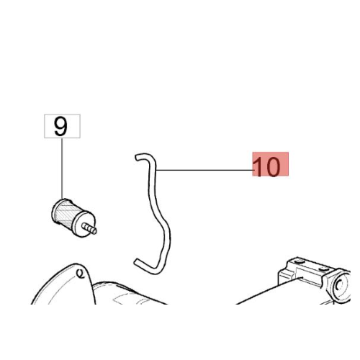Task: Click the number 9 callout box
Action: point(62,126)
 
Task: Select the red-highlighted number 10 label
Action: point(270,164)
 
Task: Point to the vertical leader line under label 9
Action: point(62,168)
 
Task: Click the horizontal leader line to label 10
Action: point(204,170)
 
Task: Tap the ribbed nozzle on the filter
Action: point(89,228)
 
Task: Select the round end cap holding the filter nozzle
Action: point(84,224)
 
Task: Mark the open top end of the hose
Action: point(136,158)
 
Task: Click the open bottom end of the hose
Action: point(136,261)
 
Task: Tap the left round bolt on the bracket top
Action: point(299,261)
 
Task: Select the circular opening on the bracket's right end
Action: point(341,285)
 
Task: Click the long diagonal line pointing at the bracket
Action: point(269,291)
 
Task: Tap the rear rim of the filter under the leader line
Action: point(58,211)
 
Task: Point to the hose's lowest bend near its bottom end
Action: point(156,271)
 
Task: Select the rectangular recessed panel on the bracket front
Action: point(310,276)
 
